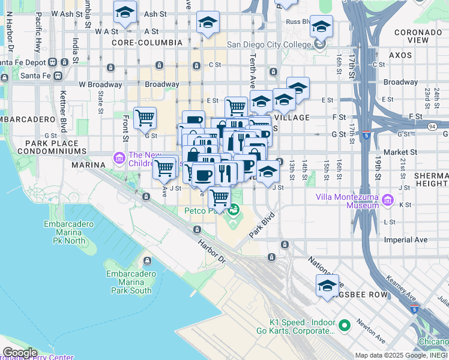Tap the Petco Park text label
203,210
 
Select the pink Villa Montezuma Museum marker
387,200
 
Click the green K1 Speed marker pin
345,326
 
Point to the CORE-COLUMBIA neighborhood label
147,43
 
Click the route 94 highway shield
432,126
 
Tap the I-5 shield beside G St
366,135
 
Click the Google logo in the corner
19,353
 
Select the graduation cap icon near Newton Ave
327,286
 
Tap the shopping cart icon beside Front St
145,118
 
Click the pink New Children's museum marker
119,159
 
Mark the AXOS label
400,55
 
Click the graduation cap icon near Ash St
125,12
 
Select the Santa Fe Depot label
22,62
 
